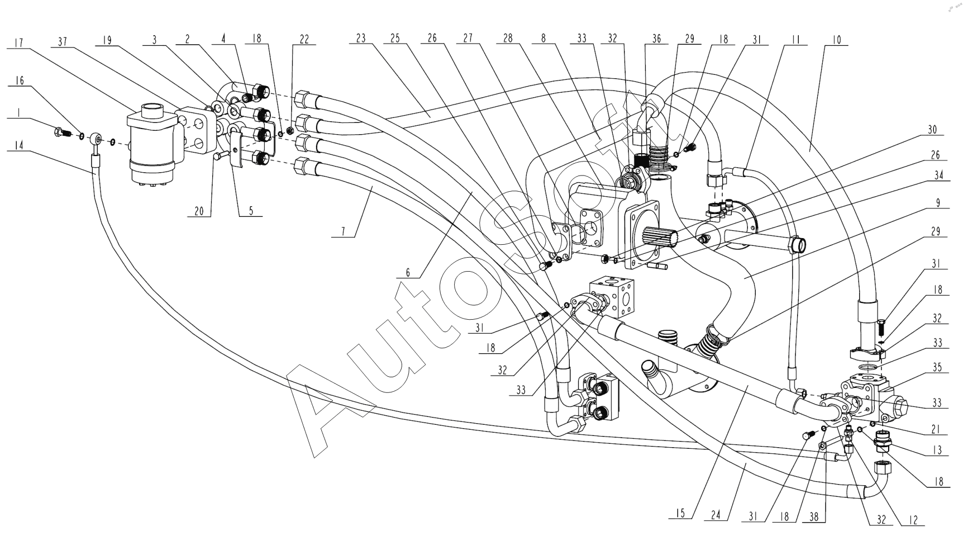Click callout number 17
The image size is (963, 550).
pos(19,42)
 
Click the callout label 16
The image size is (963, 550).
pos(19,81)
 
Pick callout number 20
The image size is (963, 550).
pos(198,212)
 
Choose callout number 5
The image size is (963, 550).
pos(251,211)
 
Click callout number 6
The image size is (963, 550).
pos(408,273)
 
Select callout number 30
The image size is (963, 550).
pos(932,130)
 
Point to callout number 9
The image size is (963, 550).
pos(938,203)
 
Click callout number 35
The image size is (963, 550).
pos(937,368)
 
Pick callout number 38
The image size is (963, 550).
pos(813,517)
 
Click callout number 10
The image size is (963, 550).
pos(836,41)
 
